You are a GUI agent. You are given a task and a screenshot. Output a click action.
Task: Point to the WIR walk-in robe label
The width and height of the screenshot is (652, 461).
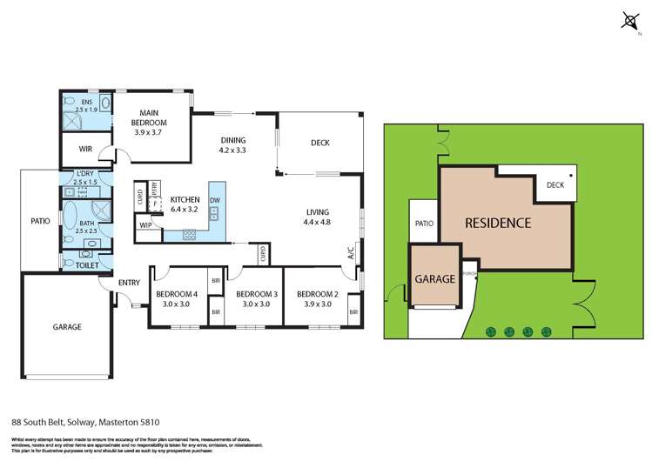point(85,149)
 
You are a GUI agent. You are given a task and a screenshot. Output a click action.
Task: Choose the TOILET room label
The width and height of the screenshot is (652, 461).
point(87,264)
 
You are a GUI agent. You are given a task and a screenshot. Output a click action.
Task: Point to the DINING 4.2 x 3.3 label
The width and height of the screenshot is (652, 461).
point(232,145)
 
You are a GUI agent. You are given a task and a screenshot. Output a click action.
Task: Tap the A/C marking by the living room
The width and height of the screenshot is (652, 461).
point(351,253)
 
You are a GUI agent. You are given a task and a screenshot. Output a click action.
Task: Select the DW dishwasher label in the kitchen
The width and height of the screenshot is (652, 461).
point(215,200)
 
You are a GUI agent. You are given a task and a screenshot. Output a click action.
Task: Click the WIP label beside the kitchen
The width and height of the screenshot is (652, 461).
point(145,225)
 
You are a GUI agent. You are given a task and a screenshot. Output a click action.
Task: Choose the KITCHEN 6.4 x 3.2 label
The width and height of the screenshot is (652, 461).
point(185,204)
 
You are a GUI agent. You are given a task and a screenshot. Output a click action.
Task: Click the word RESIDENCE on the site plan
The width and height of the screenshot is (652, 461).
point(497,223)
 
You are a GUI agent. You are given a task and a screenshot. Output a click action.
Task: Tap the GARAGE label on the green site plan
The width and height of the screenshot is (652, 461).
point(434,279)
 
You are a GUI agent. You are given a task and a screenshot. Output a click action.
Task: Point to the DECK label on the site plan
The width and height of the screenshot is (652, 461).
point(555,184)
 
